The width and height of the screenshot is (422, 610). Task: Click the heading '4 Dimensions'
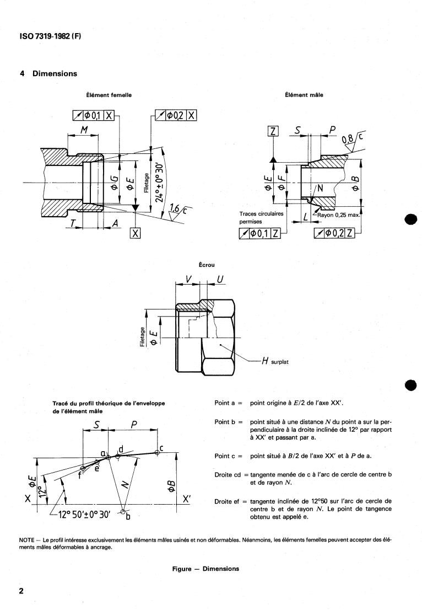(x=48, y=73)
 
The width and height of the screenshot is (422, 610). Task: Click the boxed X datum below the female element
(x=135, y=233)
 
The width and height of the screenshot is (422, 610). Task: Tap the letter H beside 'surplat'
(x=265, y=362)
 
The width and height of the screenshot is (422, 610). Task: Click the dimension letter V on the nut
(x=188, y=281)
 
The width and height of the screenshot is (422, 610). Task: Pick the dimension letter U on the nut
(x=220, y=281)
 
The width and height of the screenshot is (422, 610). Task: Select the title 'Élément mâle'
(x=304, y=95)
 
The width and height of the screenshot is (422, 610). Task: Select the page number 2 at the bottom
(x=21, y=591)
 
